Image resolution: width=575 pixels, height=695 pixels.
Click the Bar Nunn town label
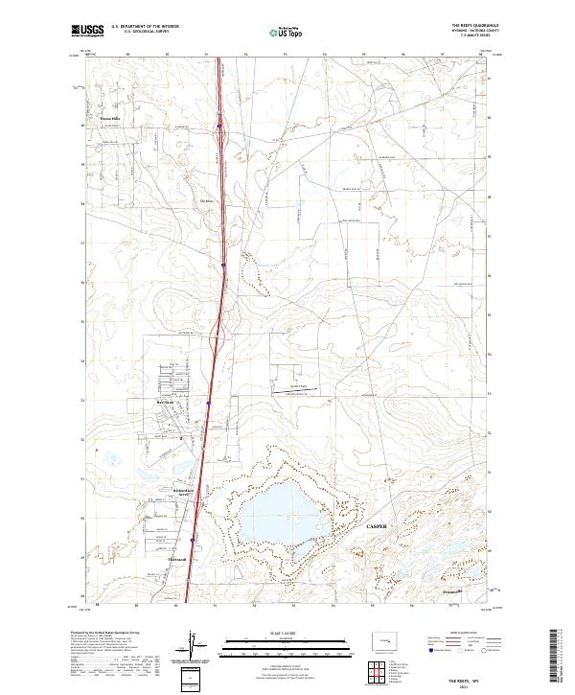coord(158,403)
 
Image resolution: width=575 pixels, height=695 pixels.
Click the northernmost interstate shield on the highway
coord(219,124)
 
